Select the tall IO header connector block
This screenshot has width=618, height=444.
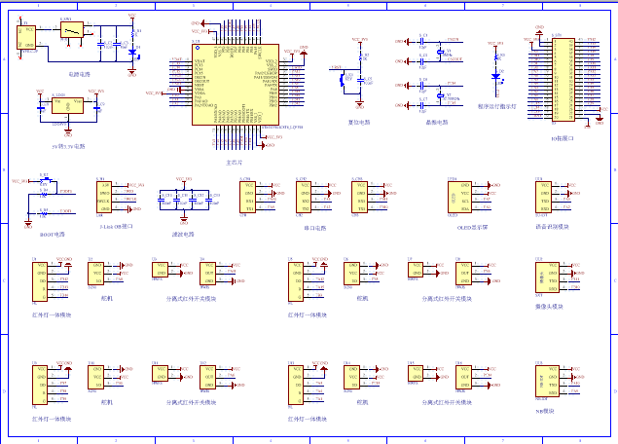(563, 81)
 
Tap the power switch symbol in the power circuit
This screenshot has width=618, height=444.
(70, 31)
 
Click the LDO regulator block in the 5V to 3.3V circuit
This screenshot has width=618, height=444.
(59, 107)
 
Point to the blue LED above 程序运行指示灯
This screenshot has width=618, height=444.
(496, 75)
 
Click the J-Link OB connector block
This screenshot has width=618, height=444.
(104, 197)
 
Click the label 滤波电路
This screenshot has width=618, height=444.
(182, 234)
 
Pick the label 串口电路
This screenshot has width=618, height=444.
(314, 228)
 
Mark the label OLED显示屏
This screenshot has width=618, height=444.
(472, 226)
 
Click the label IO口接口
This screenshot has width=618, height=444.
(562, 138)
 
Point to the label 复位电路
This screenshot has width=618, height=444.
(359, 122)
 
